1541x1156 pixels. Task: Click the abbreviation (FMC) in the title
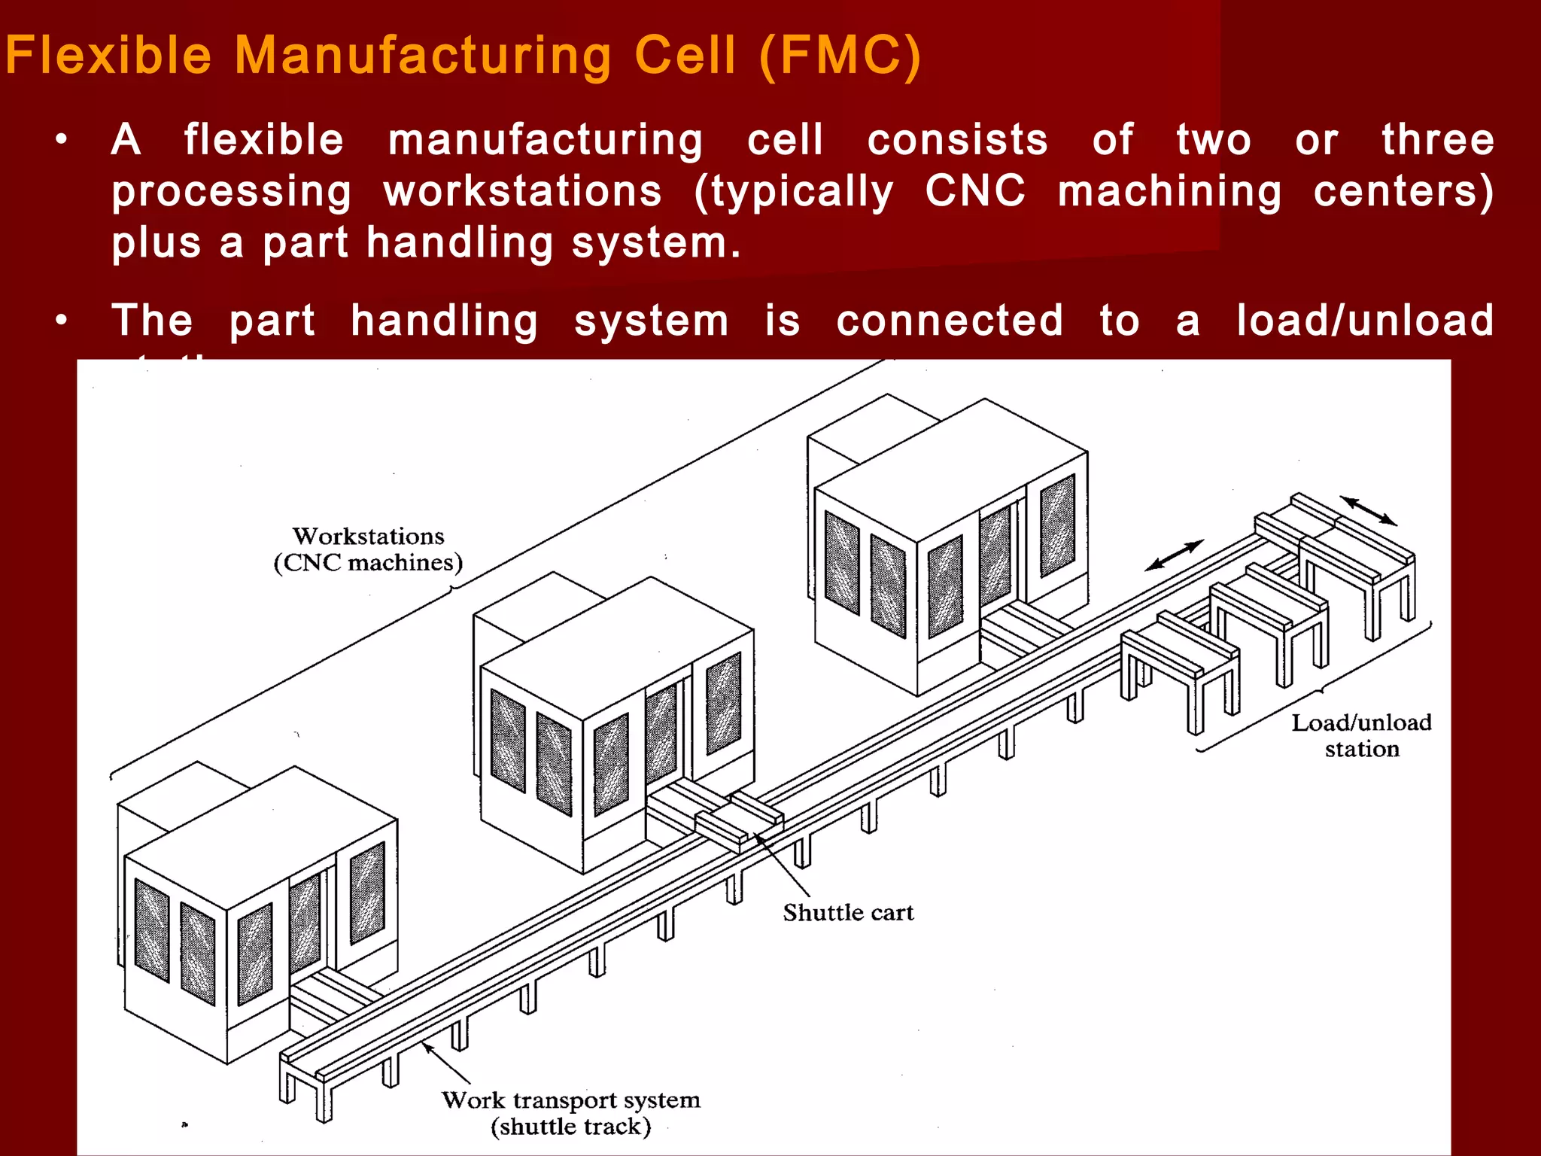pos(839,56)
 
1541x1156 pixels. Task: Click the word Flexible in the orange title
pos(109,56)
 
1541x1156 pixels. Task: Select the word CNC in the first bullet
pos(975,191)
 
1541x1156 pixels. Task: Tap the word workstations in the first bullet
pos(523,191)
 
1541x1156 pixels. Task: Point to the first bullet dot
pos(62,140)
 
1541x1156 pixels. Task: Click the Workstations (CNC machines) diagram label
pos(368,549)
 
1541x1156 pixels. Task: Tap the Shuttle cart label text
pos(848,913)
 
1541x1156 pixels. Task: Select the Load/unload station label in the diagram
pos(1361,735)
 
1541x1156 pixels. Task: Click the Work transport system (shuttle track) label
pos(571,1113)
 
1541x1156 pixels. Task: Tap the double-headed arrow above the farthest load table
pos(1368,510)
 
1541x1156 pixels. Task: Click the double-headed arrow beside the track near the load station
pos(1174,555)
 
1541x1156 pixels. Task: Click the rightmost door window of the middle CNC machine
pos(723,703)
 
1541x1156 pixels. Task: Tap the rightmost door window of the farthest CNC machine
pos(1057,525)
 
